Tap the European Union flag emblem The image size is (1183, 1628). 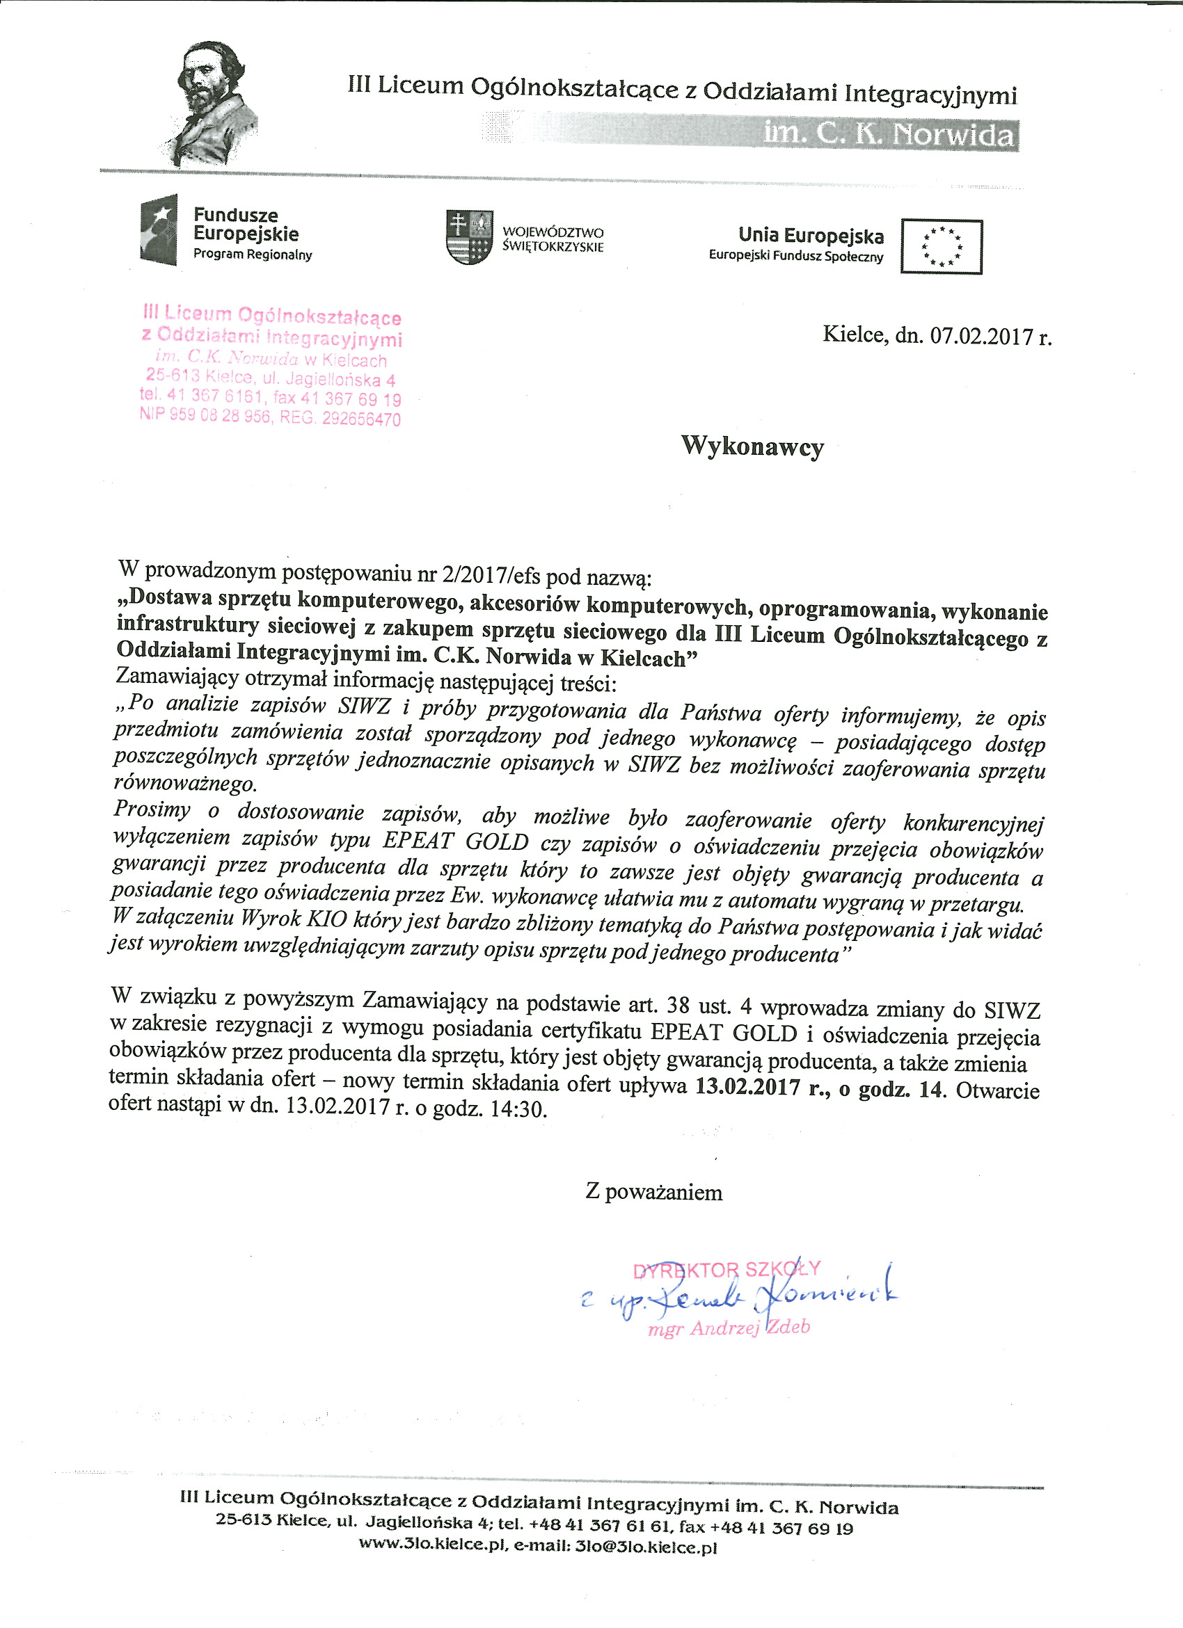point(941,246)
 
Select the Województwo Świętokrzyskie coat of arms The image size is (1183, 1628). point(469,236)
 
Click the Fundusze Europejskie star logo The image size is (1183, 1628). point(159,229)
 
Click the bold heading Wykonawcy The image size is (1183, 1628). point(752,446)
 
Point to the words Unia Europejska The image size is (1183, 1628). point(810,236)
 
